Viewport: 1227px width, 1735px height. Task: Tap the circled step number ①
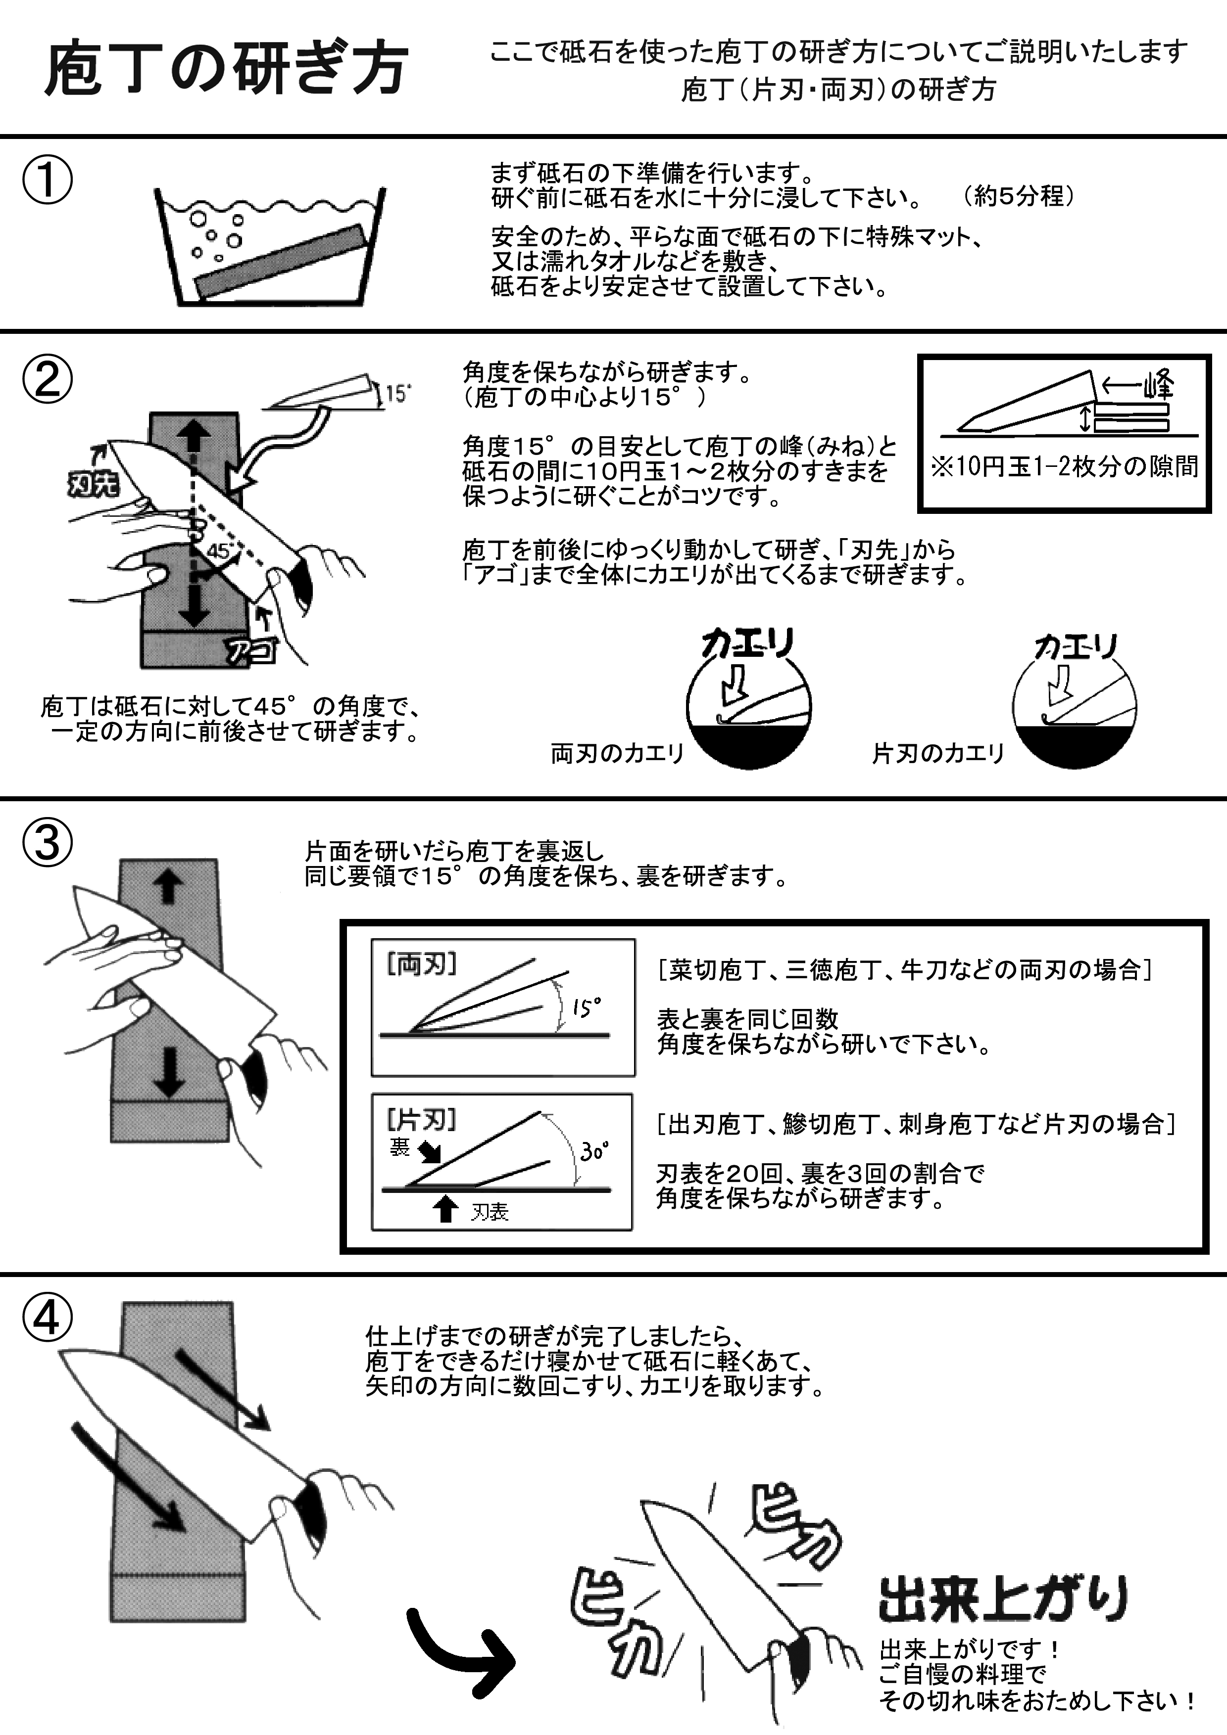(x=47, y=181)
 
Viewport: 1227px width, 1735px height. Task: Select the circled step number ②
(x=47, y=379)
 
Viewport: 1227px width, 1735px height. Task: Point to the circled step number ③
(x=47, y=843)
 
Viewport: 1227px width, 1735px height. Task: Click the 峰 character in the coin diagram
(x=1157, y=385)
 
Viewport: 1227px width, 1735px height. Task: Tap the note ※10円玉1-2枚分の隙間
(x=1065, y=467)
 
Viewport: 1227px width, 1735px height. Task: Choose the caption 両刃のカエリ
(x=617, y=753)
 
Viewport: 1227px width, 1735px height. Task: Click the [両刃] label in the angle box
(x=422, y=964)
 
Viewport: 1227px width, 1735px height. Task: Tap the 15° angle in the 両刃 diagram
(x=587, y=1007)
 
